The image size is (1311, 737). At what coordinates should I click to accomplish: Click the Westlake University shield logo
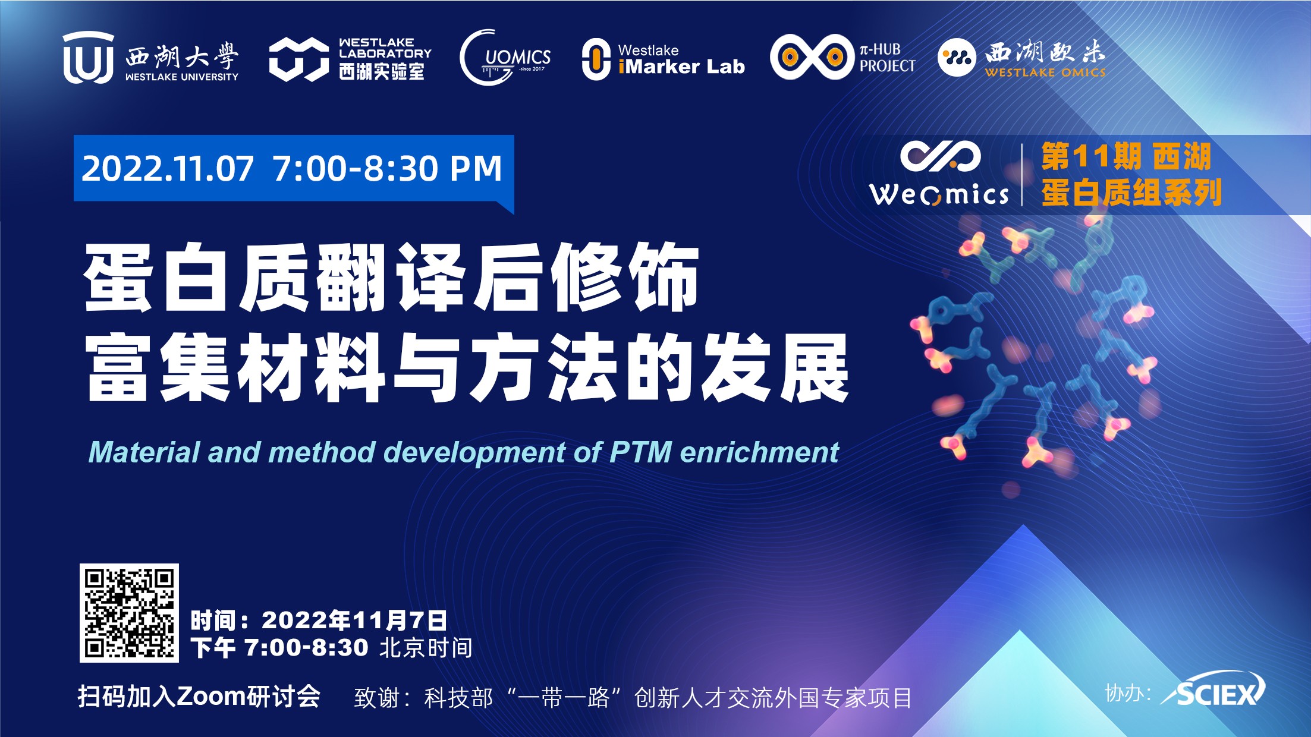pos(89,58)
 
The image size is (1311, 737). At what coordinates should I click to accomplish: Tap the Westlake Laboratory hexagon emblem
pos(298,59)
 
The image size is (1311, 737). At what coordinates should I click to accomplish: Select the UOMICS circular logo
pos(505,58)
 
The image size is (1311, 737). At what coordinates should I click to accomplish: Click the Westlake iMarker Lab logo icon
pos(596,59)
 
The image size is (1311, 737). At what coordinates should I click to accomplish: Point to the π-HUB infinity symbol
pos(812,57)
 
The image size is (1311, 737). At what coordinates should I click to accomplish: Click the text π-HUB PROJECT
pos(887,58)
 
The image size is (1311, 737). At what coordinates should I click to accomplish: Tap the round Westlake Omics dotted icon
pos(957,58)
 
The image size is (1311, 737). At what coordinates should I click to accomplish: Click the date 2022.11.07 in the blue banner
pos(168,168)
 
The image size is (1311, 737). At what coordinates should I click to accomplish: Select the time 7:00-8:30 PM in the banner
pos(388,168)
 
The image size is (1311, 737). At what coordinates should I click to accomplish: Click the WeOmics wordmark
pos(939,194)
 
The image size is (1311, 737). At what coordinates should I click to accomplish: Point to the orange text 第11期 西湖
pos(1126,157)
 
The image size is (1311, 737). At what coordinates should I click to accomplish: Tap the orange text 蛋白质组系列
pos(1131,193)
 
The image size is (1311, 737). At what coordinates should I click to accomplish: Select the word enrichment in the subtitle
pos(759,452)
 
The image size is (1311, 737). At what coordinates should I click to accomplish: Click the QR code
pos(129,613)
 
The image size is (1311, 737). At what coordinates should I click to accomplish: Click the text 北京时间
pos(426,648)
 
